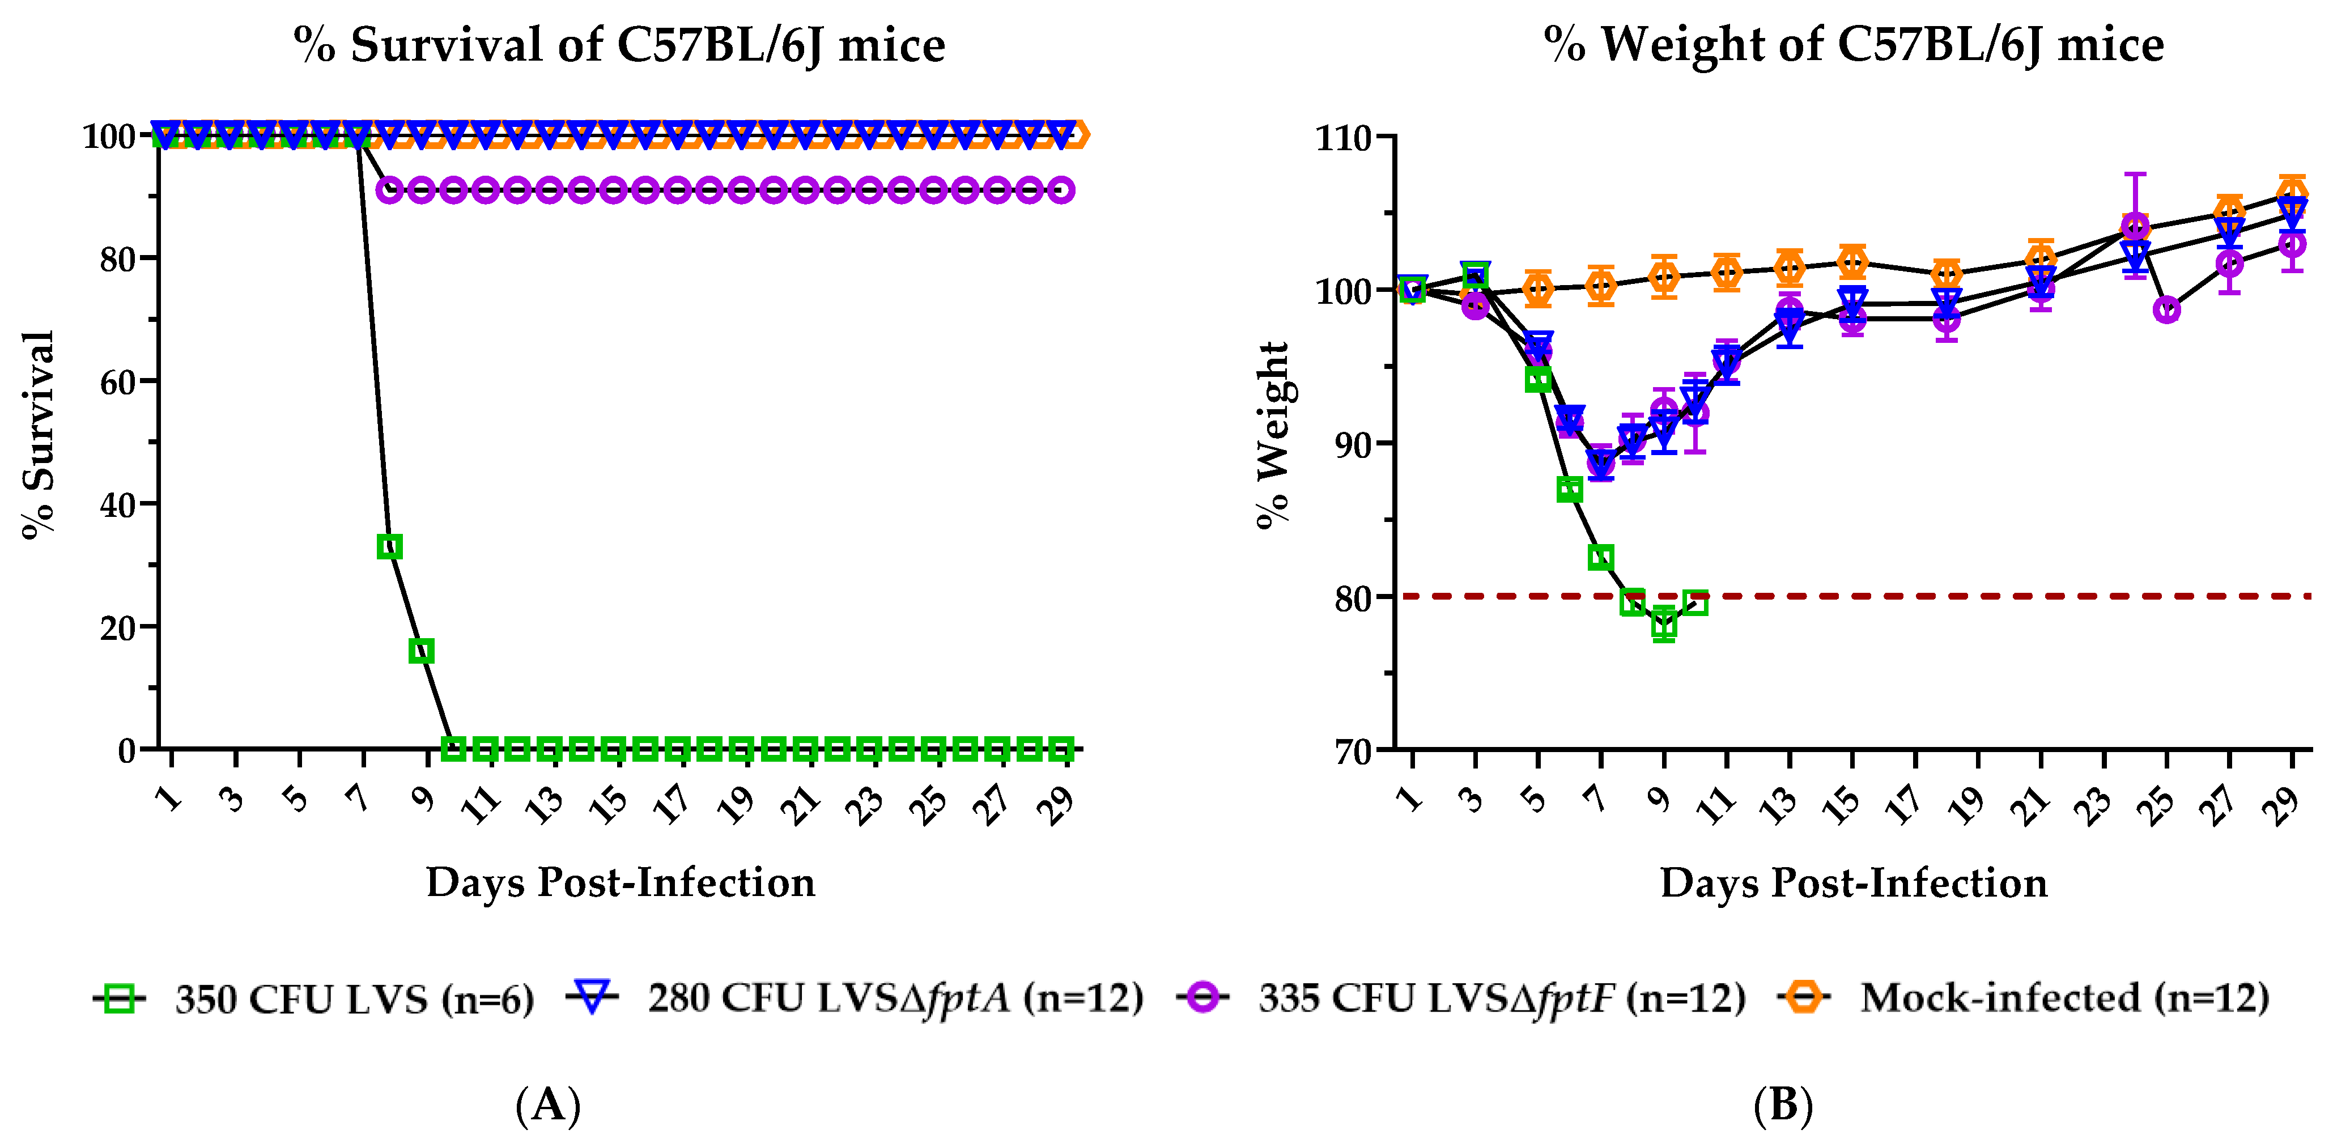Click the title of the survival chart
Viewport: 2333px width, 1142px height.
coord(619,45)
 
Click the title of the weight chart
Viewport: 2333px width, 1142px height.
coord(1853,45)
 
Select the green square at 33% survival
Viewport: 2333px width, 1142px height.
coord(389,547)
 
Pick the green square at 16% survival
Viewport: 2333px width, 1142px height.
coord(421,651)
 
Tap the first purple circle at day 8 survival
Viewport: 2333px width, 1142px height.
coord(389,191)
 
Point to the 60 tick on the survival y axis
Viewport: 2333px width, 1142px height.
coord(118,382)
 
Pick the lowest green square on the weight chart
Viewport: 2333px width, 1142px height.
coord(1664,625)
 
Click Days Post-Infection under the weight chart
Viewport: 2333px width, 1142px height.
coord(1853,883)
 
